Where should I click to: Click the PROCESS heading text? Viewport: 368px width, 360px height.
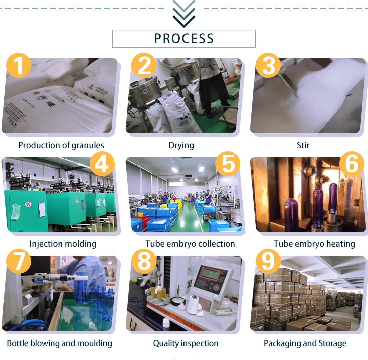click(x=183, y=38)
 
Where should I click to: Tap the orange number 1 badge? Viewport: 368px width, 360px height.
click(x=19, y=66)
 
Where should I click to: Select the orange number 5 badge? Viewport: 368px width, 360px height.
click(x=227, y=164)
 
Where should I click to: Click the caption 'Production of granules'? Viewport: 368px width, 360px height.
click(x=61, y=145)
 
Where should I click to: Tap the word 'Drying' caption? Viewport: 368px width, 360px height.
click(x=181, y=145)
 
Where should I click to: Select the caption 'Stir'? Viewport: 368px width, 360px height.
click(x=303, y=145)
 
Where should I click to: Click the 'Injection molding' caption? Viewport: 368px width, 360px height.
click(x=63, y=244)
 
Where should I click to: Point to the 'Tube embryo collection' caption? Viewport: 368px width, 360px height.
click(x=190, y=244)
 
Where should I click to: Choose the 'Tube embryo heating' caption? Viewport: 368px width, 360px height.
click(x=314, y=244)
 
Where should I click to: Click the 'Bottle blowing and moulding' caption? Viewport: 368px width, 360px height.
click(x=59, y=343)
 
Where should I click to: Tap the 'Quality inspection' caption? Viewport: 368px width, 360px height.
click(x=186, y=343)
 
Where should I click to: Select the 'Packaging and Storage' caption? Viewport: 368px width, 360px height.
click(x=305, y=343)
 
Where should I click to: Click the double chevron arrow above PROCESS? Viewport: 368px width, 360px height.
click(x=183, y=14)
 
